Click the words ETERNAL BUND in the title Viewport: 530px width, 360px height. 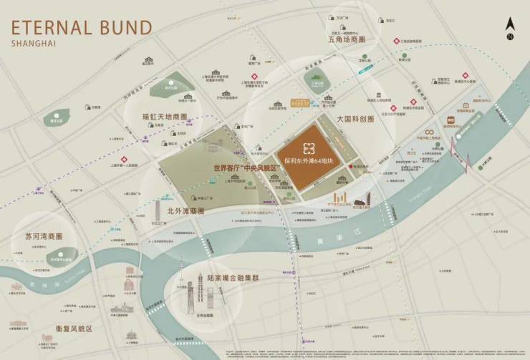coord(80,28)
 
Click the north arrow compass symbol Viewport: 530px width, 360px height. coord(510,27)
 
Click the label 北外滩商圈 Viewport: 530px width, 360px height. coord(185,211)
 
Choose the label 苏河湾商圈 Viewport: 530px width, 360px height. coord(44,235)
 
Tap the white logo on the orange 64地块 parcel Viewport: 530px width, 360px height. coord(308,148)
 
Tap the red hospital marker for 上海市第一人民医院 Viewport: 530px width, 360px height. coord(124,159)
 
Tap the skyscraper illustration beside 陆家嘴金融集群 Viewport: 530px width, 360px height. coord(201,290)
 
